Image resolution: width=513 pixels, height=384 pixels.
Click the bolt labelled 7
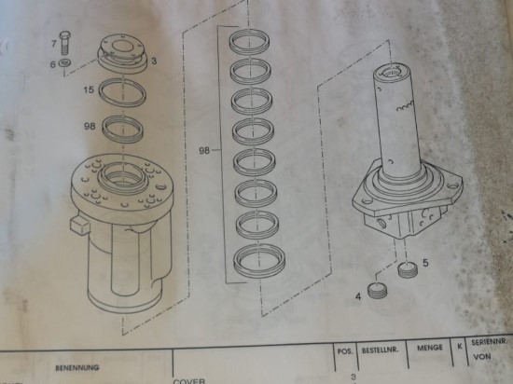pos(65,44)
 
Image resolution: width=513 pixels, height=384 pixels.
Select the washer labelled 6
pos(65,62)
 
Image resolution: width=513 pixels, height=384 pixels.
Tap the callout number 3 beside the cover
pos(154,62)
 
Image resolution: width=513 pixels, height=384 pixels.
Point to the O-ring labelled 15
pos(122,93)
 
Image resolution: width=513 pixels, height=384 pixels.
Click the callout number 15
pos(89,89)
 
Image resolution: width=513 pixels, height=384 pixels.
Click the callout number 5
pos(425,263)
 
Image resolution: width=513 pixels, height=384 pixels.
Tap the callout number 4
pos(358,296)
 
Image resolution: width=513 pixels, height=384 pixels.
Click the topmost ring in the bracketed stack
pos(249,42)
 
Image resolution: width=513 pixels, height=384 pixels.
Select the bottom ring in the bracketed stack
pos(259,262)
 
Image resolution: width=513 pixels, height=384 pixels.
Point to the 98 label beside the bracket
pos(204,151)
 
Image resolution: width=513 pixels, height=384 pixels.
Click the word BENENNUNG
pos(77,368)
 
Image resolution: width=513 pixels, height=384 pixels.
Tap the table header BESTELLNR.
pos(381,350)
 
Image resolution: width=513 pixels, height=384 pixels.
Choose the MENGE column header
pos(430,348)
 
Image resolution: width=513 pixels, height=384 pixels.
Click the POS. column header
pos(345,351)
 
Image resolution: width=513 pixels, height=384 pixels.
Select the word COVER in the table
pos(188,381)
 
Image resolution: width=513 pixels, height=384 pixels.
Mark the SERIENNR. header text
pos(489,342)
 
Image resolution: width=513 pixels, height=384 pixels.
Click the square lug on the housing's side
pos(78,226)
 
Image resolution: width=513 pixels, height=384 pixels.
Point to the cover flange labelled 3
pos(121,53)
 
